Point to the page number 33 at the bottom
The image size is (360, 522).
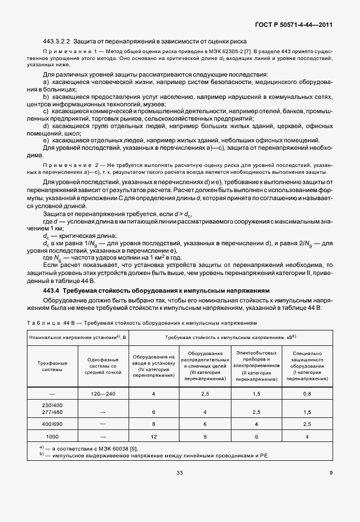click(179, 472)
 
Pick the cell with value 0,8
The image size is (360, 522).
click(307, 394)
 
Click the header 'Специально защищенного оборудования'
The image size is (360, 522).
click(307, 366)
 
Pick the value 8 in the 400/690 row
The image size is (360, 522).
click(154, 424)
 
